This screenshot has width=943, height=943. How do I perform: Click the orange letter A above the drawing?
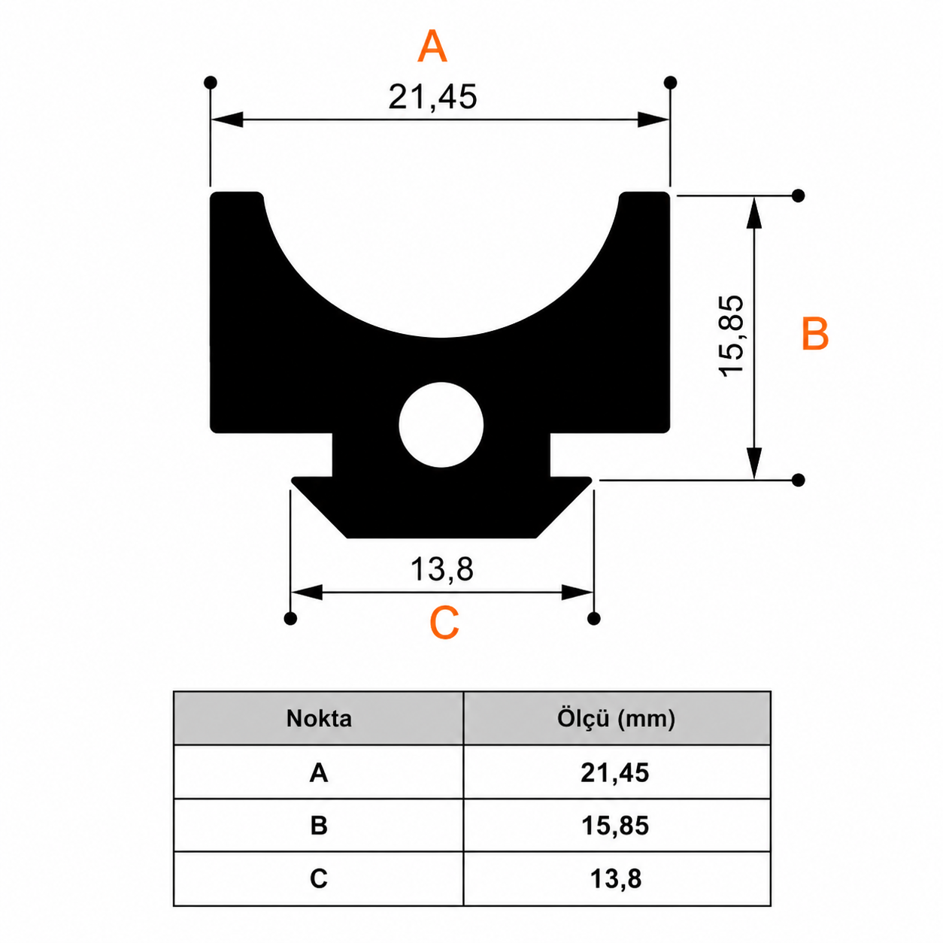(x=432, y=46)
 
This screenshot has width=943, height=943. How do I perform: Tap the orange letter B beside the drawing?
(x=815, y=333)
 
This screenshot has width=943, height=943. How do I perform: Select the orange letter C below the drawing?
(x=444, y=623)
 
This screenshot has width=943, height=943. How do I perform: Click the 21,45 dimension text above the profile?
(x=432, y=97)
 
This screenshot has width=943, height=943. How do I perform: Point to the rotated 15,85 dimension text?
(x=732, y=335)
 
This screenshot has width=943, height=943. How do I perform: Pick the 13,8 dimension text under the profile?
(x=442, y=569)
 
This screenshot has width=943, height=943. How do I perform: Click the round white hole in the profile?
(x=441, y=425)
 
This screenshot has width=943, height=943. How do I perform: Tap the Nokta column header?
(x=319, y=718)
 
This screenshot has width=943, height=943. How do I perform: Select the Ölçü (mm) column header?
(x=616, y=718)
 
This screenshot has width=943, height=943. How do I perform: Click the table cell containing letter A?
(x=319, y=773)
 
